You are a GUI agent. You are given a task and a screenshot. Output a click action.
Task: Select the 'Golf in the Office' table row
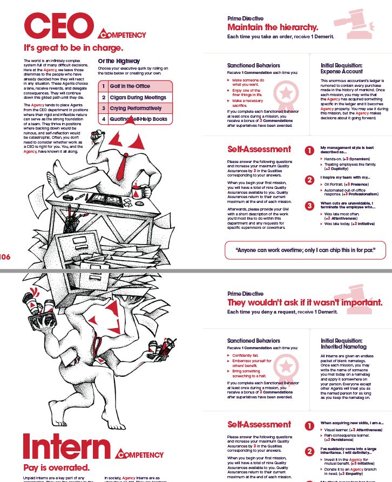point(135,86)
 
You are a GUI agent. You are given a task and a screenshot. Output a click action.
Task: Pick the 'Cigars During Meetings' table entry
point(135,98)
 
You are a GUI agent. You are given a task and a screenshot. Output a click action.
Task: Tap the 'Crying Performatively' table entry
point(135,108)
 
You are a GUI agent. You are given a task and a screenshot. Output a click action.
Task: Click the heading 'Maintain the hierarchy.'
point(273,27)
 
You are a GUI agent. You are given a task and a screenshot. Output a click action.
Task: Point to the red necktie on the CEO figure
point(124,161)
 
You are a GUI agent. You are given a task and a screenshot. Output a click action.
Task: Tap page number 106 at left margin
point(5,257)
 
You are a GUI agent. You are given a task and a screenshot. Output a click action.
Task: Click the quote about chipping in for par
point(305,250)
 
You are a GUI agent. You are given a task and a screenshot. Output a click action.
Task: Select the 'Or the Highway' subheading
point(119,61)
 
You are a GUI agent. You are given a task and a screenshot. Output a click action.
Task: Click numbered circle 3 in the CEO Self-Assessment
point(309,205)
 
